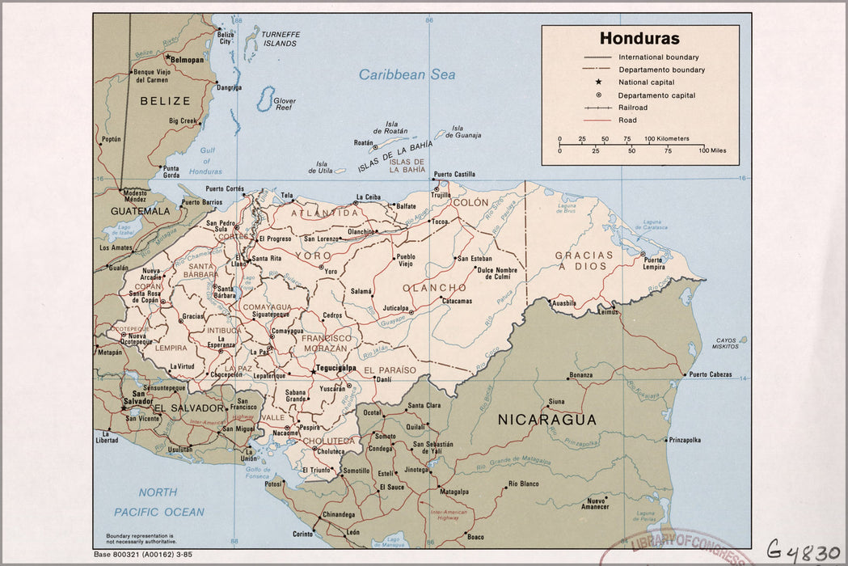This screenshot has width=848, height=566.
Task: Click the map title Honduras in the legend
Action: pyautogui.click(x=639, y=39)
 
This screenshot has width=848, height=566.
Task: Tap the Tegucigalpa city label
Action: pyautogui.click(x=335, y=368)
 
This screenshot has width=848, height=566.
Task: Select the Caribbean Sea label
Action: pyautogui.click(x=407, y=74)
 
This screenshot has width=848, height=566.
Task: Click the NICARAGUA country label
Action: pyautogui.click(x=546, y=420)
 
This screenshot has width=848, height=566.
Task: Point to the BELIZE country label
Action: pyautogui.click(x=165, y=101)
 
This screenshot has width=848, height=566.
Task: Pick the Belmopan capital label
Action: pyautogui.click(x=185, y=59)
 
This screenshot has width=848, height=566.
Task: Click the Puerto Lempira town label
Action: pyautogui.click(x=653, y=264)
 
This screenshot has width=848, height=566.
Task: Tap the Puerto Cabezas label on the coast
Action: pyautogui.click(x=710, y=374)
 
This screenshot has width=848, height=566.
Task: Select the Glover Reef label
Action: pyautogui.click(x=284, y=104)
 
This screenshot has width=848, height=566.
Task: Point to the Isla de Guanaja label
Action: pyautogui.click(x=466, y=131)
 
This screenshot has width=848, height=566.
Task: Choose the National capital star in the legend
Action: pyautogui.click(x=598, y=82)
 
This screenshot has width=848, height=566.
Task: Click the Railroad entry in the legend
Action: pyautogui.click(x=633, y=108)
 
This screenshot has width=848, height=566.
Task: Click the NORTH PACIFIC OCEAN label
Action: pyautogui.click(x=158, y=502)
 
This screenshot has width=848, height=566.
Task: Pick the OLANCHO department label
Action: pyautogui.click(x=434, y=288)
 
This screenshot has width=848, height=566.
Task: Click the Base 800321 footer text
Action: pyautogui.click(x=142, y=554)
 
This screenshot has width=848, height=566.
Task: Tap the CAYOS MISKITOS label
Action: pyautogui.click(x=725, y=343)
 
